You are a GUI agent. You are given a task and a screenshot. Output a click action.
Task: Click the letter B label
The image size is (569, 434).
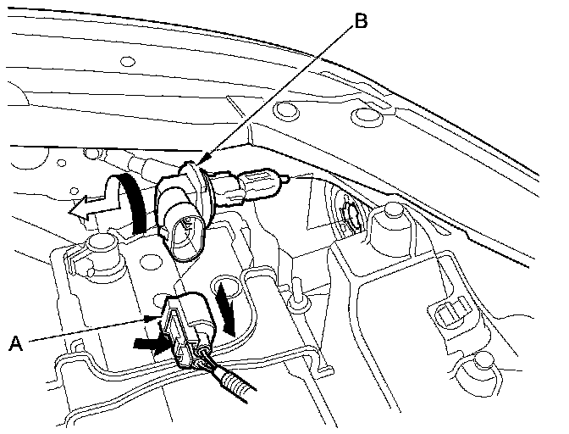click(x=361, y=21)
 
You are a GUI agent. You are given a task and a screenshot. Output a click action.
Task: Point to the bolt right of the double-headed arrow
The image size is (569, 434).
click(x=299, y=293)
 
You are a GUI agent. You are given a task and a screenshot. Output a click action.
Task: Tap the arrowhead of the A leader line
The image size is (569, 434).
click(x=153, y=319)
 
